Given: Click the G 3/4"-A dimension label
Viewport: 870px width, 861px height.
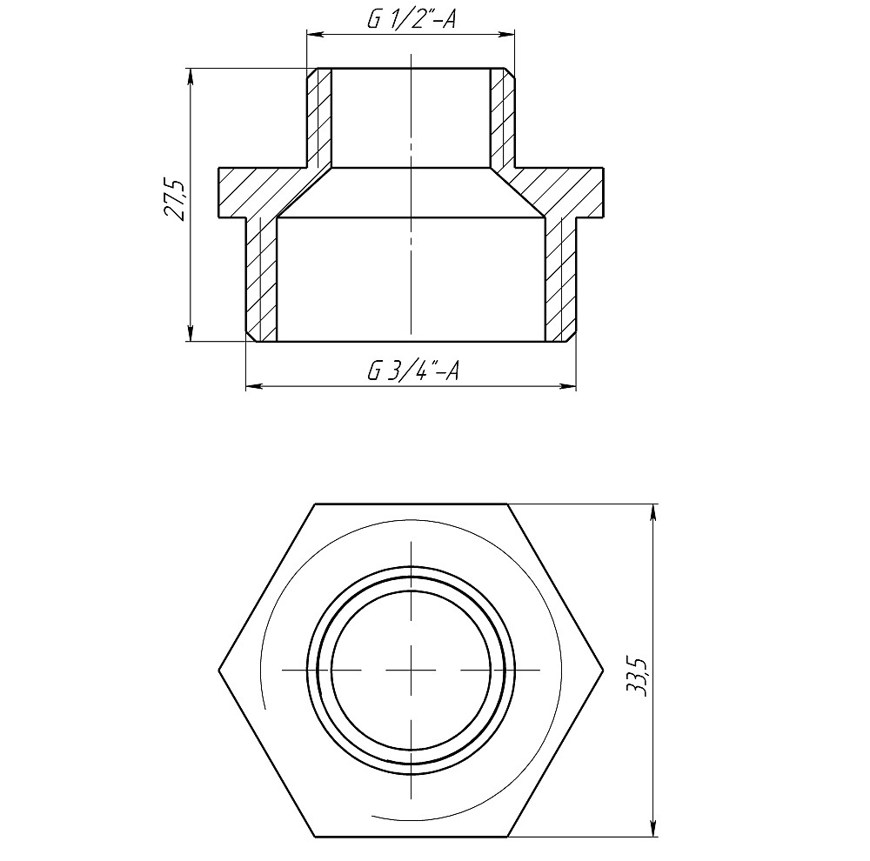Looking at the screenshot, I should [x=412, y=371].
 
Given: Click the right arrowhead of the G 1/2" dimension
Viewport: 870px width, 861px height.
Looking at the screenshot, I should [x=511, y=35].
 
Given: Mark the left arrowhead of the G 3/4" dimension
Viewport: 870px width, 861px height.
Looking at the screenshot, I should [x=251, y=385].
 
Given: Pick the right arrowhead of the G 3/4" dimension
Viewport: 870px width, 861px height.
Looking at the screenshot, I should [x=571, y=385].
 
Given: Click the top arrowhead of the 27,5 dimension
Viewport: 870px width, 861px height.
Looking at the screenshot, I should [x=191, y=74].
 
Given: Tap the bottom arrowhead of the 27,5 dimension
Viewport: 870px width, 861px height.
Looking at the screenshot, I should [x=191, y=336].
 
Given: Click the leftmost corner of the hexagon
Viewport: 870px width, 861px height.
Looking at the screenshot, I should [x=217, y=671].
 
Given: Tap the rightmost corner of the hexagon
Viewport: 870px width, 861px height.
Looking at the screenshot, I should [x=603, y=671].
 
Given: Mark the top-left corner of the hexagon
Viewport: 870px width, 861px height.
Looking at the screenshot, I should [x=314, y=504].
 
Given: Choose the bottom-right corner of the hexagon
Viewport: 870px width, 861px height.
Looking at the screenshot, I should [x=507, y=837].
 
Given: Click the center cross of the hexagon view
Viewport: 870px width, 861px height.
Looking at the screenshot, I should [x=411, y=671].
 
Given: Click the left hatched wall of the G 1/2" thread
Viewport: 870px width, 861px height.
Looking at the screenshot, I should [x=319, y=117].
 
